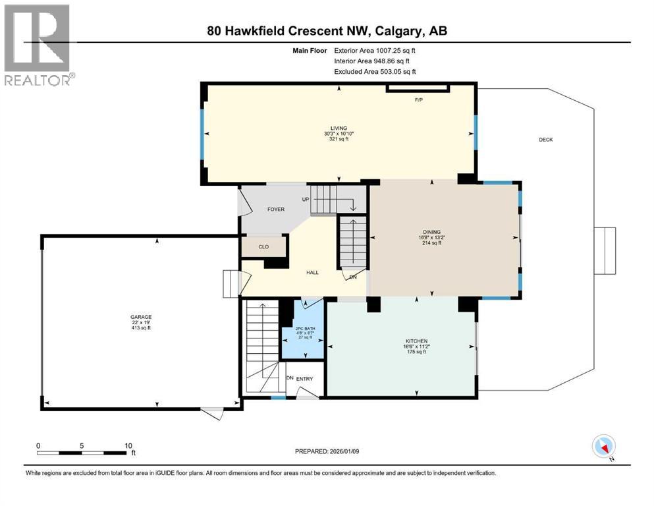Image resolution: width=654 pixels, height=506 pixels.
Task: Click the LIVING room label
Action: coord(339,128)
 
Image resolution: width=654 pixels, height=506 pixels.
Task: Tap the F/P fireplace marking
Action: coord(418,99)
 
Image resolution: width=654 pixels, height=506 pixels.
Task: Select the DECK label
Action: coord(545,140)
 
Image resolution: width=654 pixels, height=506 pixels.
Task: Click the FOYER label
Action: coord(275,210)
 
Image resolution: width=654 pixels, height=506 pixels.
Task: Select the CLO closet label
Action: coord(263,247)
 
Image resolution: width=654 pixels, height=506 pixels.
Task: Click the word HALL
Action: coord(312,272)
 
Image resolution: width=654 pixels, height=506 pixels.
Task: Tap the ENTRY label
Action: coord(304,379)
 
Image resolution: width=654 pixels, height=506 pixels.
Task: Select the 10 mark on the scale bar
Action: coord(129,445)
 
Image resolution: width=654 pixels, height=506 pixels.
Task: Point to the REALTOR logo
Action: coord(38,45)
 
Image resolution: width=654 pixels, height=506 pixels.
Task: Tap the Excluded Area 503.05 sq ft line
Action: coord(375,71)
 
